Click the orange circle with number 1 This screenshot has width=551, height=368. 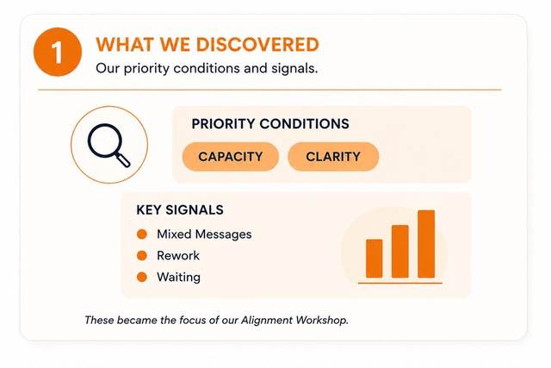tap(58, 52)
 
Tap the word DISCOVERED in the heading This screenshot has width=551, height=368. tap(257, 45)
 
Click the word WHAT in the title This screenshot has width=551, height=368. tap(125, 45)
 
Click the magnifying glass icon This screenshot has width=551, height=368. tap(109, 145)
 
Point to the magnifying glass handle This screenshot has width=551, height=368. tap(123, 159)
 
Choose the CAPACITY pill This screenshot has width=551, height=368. tap(231, 157)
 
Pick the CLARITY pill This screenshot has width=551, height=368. tap(333, 157)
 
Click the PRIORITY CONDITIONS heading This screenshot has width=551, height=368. tap(270, 124)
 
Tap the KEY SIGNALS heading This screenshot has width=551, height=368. tap(180, 210)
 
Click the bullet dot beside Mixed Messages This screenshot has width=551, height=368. tap(142, 234)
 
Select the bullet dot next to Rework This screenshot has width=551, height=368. tap(142, 256)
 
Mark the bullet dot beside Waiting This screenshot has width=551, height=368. tap(142, 278)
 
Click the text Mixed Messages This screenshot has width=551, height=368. tap(204, 234)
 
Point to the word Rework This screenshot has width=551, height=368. tap(178, 256)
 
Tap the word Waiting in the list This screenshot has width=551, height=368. tap(178, 278)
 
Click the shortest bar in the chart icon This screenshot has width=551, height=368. tap(375, 259)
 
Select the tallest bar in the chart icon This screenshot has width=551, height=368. tap(426, 244)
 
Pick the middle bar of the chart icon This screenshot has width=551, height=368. tap(400, 252)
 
